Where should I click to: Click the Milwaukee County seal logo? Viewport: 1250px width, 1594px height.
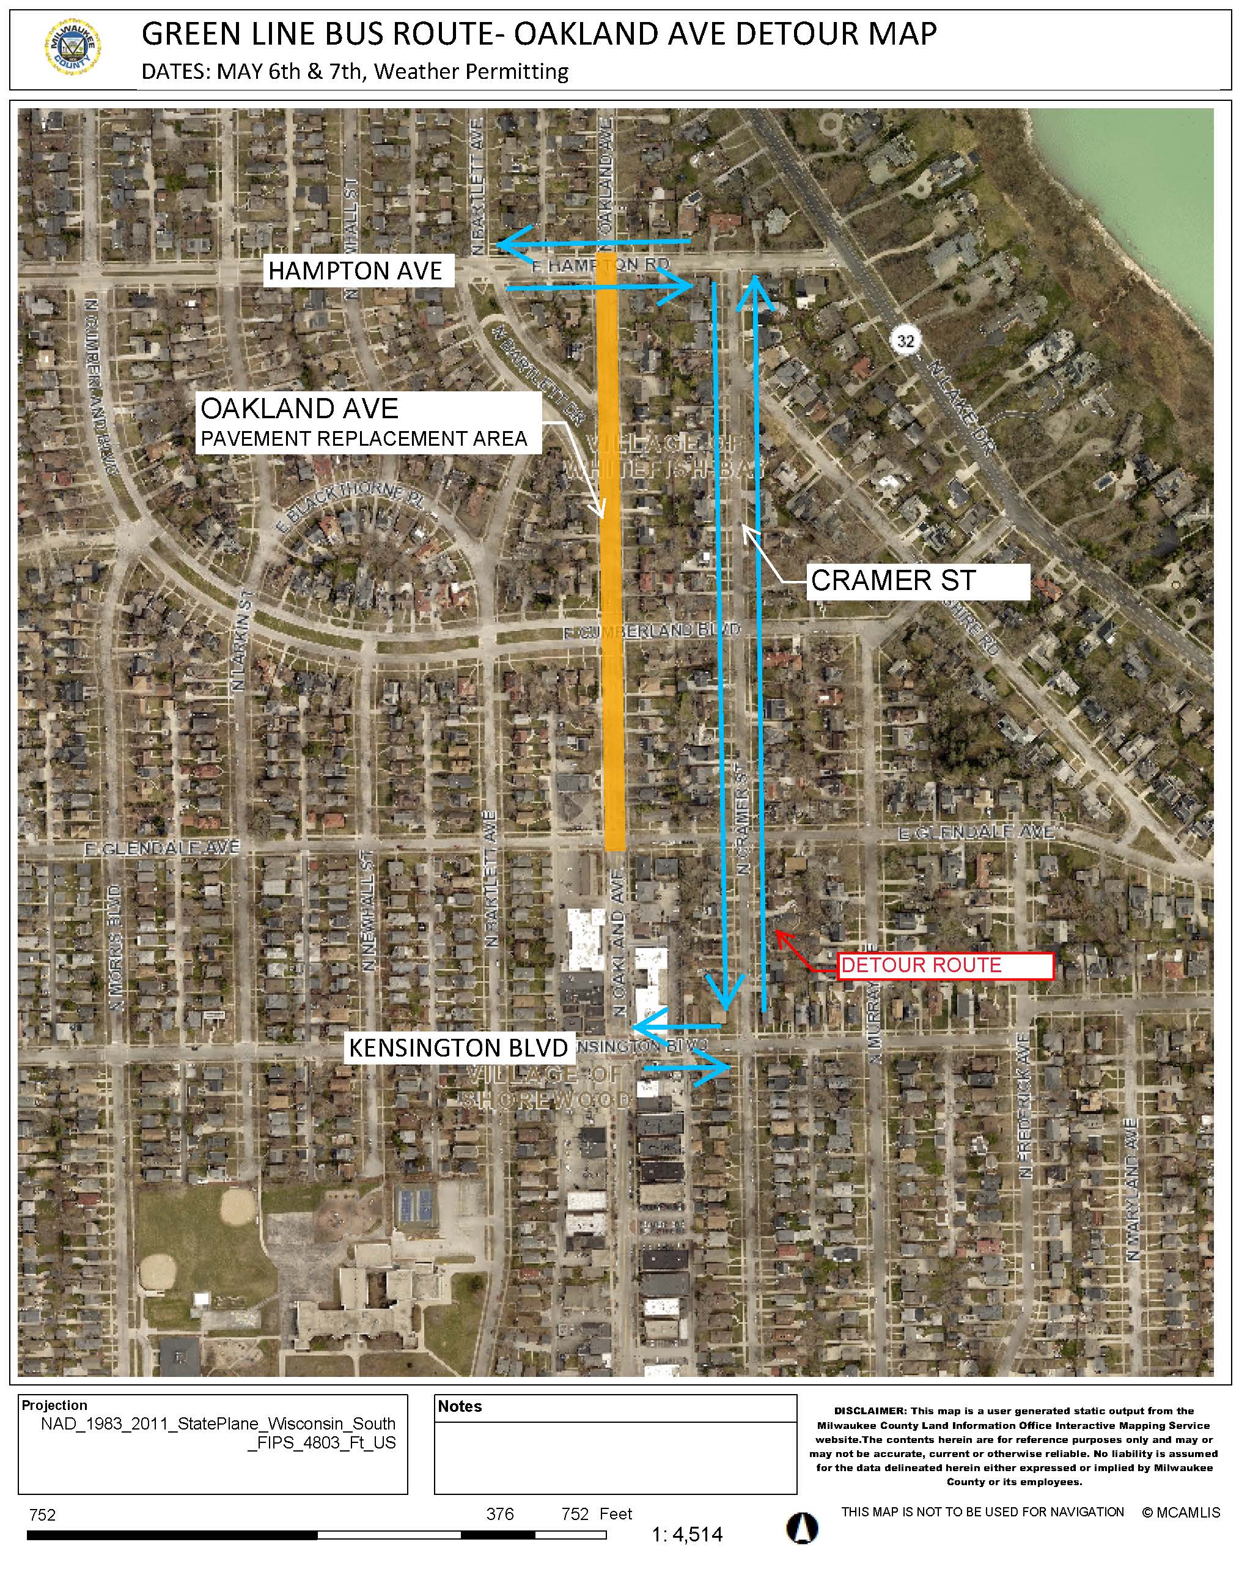(73, 49)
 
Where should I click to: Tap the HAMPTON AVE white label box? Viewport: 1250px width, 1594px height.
(358, 271)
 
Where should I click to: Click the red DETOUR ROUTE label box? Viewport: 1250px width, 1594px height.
(945, 965)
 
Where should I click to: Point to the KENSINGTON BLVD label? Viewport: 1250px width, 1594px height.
(459, 1048)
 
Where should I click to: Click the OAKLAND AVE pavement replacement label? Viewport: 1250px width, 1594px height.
(368, 422)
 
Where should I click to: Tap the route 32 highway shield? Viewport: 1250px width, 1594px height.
(906, 341)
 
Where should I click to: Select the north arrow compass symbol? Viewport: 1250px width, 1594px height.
(802, 1528)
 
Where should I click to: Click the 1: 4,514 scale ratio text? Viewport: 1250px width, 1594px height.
(686, 1535)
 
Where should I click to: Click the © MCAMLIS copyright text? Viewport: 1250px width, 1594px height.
(1180, 1513)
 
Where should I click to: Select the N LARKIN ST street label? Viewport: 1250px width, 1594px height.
(241, 640)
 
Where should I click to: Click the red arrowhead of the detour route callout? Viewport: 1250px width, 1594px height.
(780, 935)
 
